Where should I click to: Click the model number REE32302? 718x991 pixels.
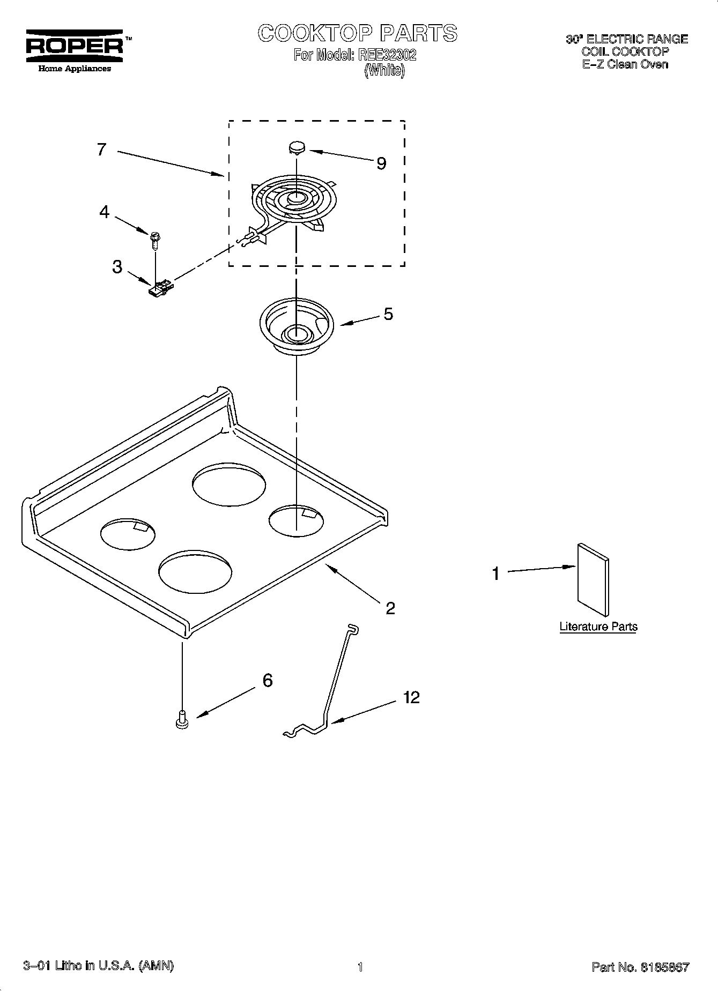387,55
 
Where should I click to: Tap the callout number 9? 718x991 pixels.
381,163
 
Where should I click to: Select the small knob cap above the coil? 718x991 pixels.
296,147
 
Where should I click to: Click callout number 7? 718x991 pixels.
102,149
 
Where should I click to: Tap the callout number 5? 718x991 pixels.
388,314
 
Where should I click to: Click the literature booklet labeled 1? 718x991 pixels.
593,580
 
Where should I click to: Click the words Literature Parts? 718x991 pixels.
598,627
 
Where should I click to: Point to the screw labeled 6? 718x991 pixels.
182,718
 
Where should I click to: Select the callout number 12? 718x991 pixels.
412,697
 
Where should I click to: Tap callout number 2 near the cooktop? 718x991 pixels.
390,608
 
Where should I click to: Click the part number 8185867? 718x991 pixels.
662,967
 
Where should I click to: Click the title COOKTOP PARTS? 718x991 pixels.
358,33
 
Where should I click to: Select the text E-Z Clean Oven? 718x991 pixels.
625,64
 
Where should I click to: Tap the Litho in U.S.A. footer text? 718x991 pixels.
99,966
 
